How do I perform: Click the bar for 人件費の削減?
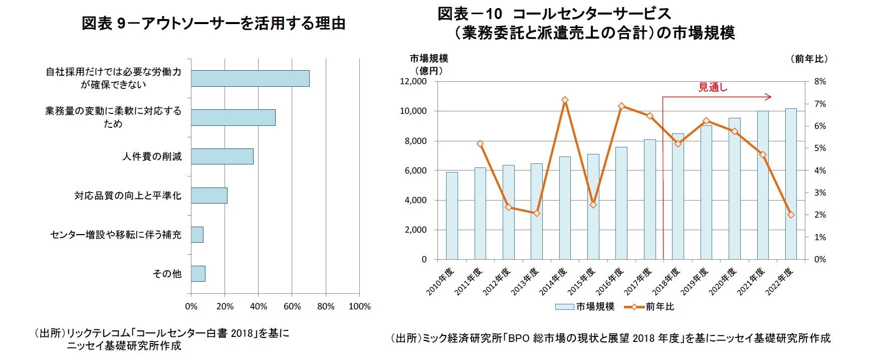(222, 156)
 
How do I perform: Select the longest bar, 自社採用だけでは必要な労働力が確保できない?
(250, 78)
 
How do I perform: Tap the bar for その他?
(198, 274)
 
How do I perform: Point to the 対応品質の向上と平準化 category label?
(128, 196)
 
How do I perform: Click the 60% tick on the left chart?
(292, 306)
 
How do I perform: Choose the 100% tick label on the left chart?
(359, 306)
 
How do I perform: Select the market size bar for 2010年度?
(452, 216)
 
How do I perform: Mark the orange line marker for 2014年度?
(565, 100)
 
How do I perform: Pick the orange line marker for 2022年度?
(791, 215)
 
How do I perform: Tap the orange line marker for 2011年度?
(480, 144)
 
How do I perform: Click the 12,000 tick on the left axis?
(413, 81)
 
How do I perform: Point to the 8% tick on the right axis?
(820, 81)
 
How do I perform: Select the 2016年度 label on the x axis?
(610, 281)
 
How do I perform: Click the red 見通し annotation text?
(713, 87)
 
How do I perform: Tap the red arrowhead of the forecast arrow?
(768, 97)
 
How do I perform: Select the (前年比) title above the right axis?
(809, 59)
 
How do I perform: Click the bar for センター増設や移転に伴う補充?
(197, 235)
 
